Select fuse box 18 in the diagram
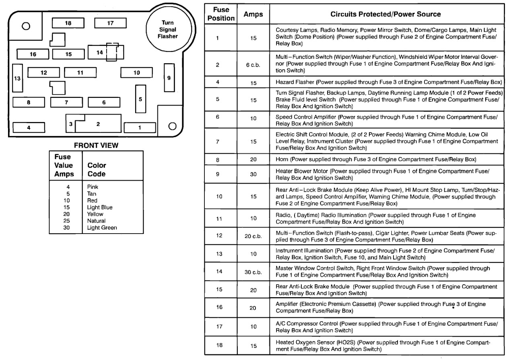point(68,23)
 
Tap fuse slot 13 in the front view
point(17,79)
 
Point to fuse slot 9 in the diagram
point(169,78)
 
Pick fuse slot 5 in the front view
point(140,99)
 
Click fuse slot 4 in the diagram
point(29,128)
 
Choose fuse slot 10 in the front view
point(137,72)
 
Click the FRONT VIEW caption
point(96,145)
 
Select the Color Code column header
point(97,170)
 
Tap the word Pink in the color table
point(93,187)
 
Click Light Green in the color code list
point(102,228)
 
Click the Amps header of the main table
point(253,14)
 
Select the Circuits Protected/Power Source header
point(385,14)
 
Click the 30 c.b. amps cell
point(253,272)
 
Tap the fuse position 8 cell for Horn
point(218,159)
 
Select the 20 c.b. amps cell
point(253,236)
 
